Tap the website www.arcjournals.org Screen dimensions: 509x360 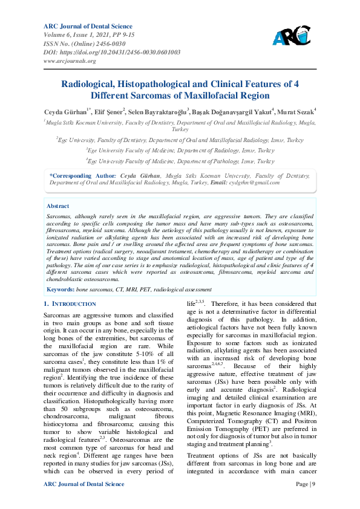[70, 61]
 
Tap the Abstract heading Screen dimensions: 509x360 [57, 206]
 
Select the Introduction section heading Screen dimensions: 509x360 [70, 303]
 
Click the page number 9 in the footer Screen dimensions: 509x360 [313, 484]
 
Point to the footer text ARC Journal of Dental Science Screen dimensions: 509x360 [84, 484]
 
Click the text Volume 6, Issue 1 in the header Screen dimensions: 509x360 [68, 35]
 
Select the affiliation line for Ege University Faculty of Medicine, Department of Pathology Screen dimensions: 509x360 [180, 161]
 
